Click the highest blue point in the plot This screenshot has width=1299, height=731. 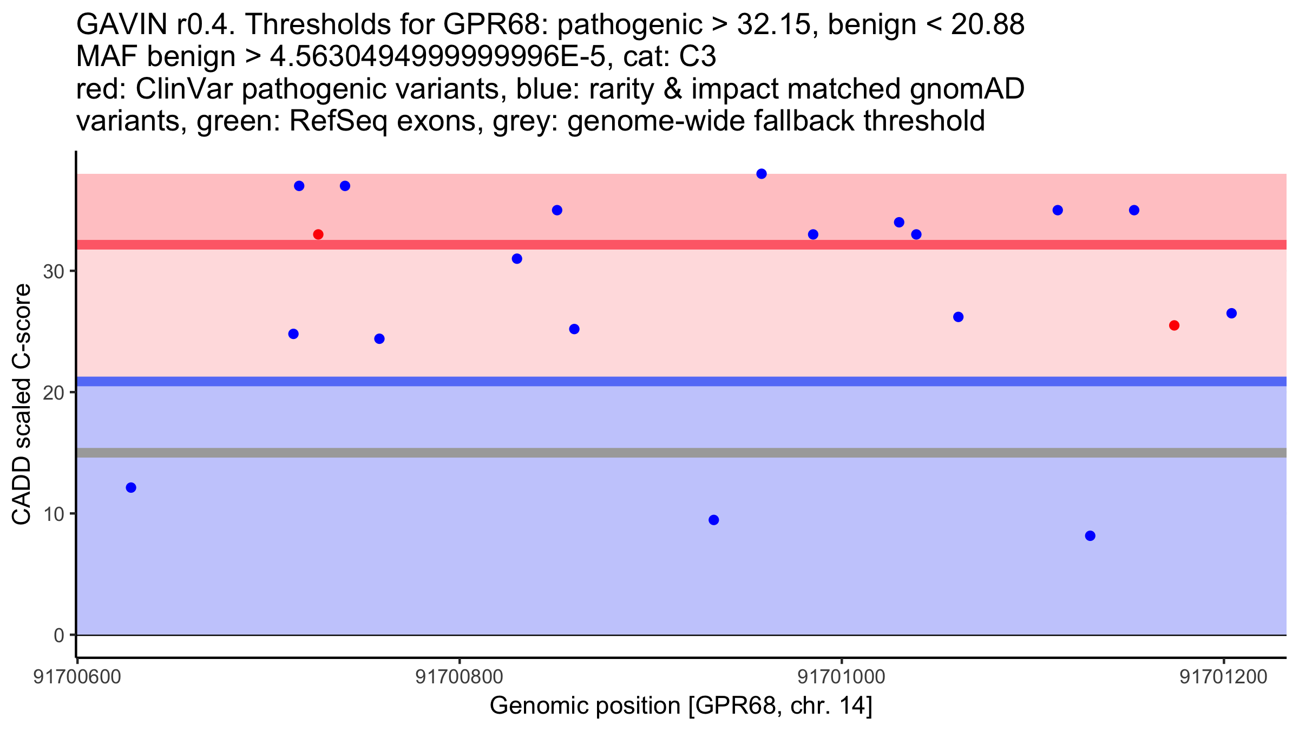[x=762, y=174]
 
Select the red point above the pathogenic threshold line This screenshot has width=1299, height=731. [x=318, y=234]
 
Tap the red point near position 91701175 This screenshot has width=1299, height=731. [x=1174, y=325]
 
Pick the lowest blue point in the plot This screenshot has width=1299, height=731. [x=1090, y=536]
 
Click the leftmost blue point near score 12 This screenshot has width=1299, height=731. [x=131, y=488]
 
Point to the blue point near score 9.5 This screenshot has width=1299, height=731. [x=714, y=520]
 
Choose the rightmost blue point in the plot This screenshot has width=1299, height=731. [x=1231, y=314]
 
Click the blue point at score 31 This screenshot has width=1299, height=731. [x=517, y=259]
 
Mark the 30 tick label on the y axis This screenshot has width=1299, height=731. [x=54, y=271]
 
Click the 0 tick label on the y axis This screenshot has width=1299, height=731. [x=59, y=635]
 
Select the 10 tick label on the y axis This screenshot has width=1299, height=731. [x=54, y=514]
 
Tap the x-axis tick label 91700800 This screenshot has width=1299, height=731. [x=460, y=677]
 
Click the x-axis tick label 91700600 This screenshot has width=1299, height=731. [x=77, y=677]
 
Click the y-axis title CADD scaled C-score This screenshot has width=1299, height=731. [x=22, y=404]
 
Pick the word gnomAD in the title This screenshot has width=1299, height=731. [x=967, y=89]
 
